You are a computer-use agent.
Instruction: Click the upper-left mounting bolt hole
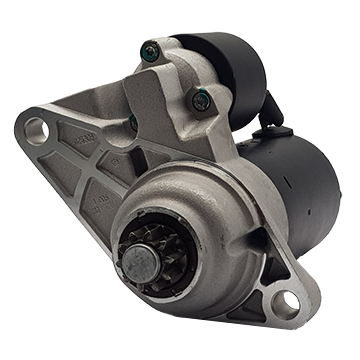[x=36, y=129]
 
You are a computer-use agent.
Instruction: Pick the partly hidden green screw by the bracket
[x=133, y=121]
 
